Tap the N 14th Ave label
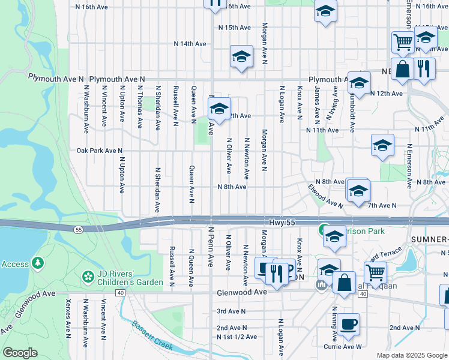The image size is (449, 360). click(x=190, y=44)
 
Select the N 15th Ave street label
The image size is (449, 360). click(x=234, y=28)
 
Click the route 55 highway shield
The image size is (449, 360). click(x=79, y=229)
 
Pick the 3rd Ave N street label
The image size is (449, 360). click(x=231, y=311)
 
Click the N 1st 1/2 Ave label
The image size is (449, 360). click(x=237, y=337)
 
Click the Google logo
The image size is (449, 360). click(x=20, y=353)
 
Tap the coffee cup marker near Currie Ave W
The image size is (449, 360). click(x=348, y=325)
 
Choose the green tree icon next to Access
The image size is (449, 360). click(x=38, y=263)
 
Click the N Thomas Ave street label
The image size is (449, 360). click(x=140, y=106)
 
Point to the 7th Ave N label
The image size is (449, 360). click(x=382, y=205)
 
